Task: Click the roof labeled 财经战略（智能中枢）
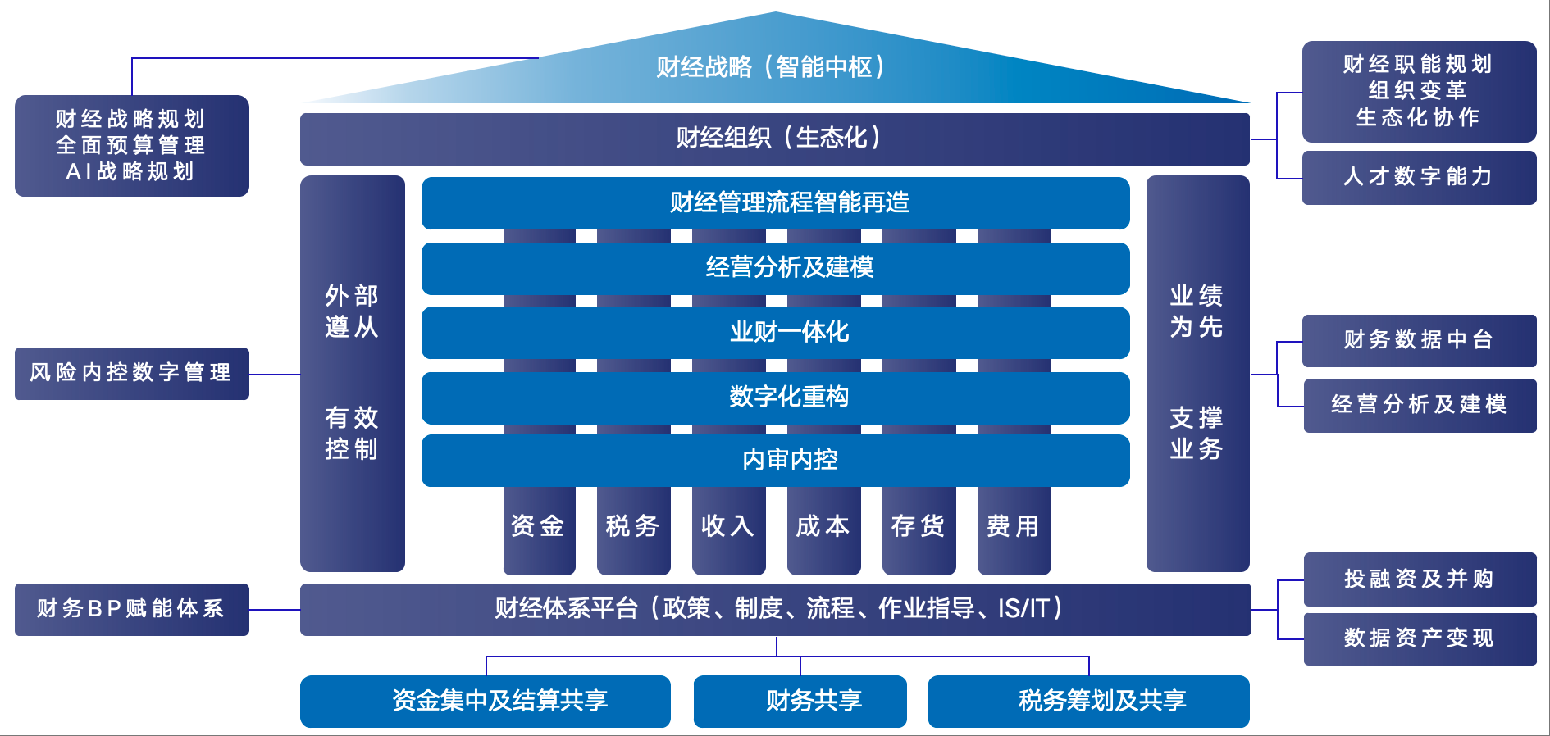pos(771,67)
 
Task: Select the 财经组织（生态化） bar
pos(775,139)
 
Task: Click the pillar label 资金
pos(538,526)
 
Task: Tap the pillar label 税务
pos(633,526)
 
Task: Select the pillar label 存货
pos(919,526)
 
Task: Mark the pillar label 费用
pos(1014,526)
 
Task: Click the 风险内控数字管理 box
pos(131,373)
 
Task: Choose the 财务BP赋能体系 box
pos(131,609)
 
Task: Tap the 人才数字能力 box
pos(1419,177)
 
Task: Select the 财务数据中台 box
pos(1419,340)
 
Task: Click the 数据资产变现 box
pos(1420,638)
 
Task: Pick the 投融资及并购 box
pos(1420,579)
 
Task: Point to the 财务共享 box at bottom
pos(800,701)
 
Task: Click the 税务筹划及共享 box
pos(1088,701)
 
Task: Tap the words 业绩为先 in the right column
pos(1197,311)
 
